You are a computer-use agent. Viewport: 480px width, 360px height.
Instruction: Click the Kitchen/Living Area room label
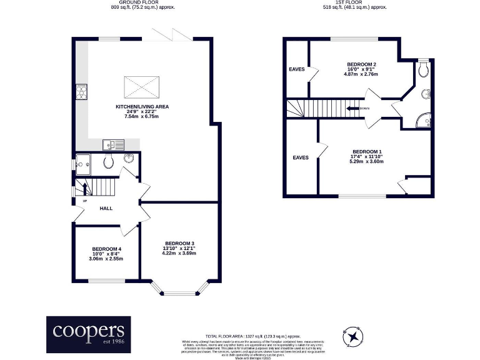click(142, 106)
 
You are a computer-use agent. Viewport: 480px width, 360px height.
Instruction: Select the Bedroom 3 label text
click(179, 243)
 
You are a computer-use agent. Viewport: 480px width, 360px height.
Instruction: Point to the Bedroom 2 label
click(361, 64)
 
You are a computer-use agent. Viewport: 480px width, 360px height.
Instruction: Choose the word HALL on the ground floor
click(106, 208)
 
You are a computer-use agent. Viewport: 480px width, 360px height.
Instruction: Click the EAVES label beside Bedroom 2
click(297, 69)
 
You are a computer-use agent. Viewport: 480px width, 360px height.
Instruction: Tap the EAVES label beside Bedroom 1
click(301, 157)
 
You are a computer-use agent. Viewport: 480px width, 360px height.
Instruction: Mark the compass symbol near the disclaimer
click(354, 337)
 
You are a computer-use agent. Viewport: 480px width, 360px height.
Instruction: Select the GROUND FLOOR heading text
click(142, 4)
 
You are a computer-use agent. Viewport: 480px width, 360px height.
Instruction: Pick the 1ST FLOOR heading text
click(355, 4)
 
